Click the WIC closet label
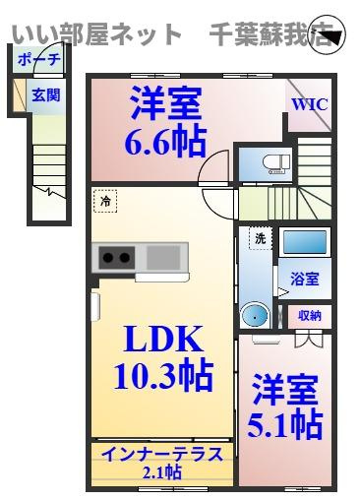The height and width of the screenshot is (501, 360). coord(309,104)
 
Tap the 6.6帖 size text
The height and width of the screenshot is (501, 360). coord(165,142)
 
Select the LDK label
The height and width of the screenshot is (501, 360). coord(162,339)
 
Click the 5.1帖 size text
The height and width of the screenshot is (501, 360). coord(285,425)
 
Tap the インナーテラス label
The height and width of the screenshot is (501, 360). coord(162,455)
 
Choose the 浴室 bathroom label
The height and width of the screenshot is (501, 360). coord(305,280)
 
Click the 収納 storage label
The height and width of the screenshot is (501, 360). coord(310,316)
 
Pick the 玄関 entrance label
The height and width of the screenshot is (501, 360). coord(46,95)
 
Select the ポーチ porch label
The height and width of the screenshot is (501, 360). coord(38,60)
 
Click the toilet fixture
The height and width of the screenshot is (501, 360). coord(276,163)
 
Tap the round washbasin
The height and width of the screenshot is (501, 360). coord(255,315)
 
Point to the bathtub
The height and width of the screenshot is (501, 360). coord(305,242)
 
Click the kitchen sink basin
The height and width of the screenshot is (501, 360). coord(163,257)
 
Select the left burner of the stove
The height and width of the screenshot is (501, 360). coord(108,258)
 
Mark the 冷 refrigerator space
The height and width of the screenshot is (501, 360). coord(105,200)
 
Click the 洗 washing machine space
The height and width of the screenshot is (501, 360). coord(261,238)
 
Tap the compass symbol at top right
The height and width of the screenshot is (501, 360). coord(328,35)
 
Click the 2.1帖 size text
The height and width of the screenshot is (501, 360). coord(162,472)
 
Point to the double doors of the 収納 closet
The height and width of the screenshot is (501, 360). coord(309,340)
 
